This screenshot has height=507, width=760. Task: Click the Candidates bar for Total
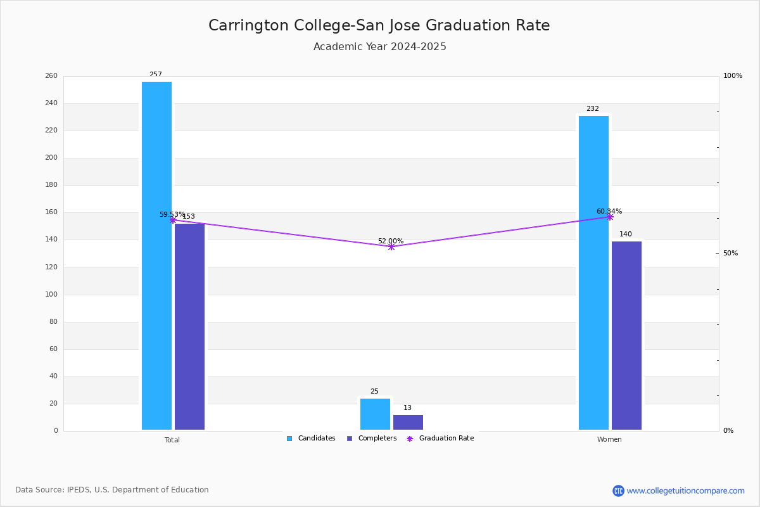[x=157, y=255]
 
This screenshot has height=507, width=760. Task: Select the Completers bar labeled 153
[x=189, y=326]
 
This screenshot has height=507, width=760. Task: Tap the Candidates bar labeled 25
[x=375, y=414]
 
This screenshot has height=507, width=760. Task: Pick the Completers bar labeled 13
[x=408, y=423]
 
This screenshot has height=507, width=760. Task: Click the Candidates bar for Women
[x=594, y=273]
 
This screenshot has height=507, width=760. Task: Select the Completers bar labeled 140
[x=626, y=335]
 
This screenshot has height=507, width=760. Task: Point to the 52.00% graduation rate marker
[x=391, y=247]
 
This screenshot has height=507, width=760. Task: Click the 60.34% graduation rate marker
[x=610, y=217]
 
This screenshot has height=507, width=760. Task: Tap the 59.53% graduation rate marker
[x=173, y=220]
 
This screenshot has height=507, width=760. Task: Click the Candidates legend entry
[x=311, y=439]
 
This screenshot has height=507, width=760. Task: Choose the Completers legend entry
[x=372, y=439]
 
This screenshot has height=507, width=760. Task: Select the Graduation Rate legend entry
[x=440, y=439]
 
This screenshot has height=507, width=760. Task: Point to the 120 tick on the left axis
[x=51, y=267]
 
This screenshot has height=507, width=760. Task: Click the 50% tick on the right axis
[x=730, y=253]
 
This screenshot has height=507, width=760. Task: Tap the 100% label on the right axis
[x=733, y=75]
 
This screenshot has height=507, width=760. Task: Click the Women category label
[x=609, y=439]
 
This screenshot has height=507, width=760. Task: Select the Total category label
[x=172, y=440]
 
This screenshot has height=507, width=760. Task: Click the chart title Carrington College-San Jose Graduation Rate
[x=379, y=25]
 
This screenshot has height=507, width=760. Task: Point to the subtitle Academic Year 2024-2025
[x=379, y=46]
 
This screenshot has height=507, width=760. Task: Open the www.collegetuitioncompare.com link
[x=685, y=491]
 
